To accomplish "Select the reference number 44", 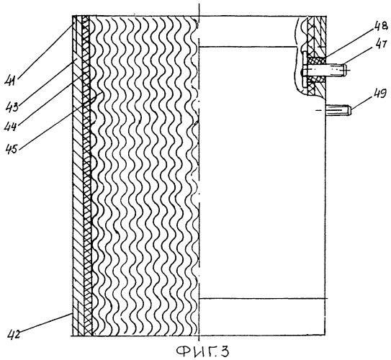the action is [11, 127].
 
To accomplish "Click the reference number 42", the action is [14, 334].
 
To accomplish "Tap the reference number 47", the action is [381, 46].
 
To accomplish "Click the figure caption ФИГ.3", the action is [202, 351].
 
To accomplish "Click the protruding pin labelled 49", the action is [338, 110].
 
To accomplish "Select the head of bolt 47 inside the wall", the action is [304, 70].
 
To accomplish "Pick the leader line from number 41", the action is [46, 50].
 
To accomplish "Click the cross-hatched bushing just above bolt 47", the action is [316, 60].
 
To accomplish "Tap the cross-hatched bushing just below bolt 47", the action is [316, 79].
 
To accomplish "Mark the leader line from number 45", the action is [61, 120].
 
